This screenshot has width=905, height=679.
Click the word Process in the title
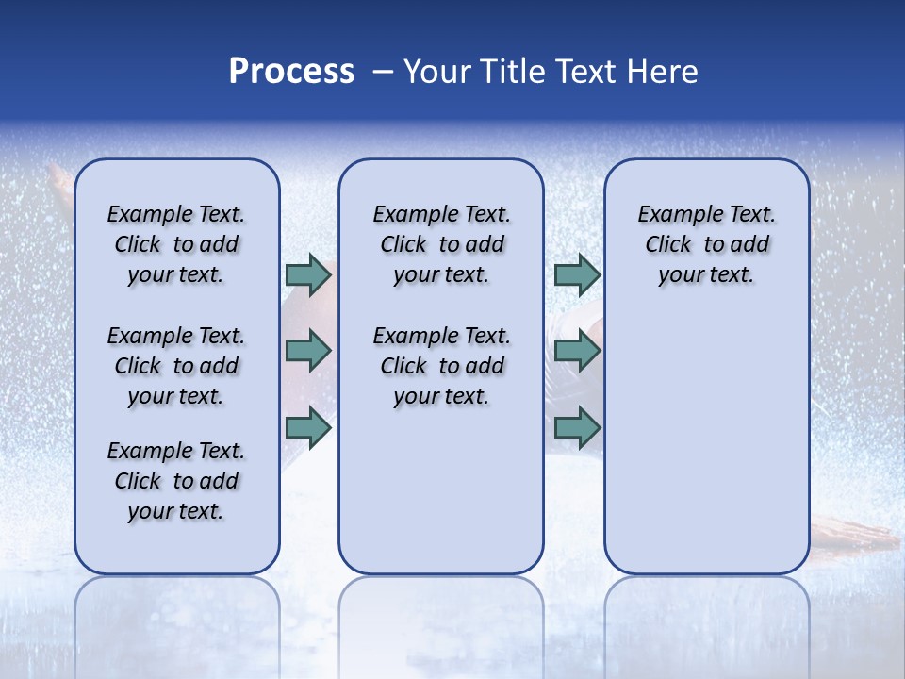tap(291, 72)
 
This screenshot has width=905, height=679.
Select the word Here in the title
tap(663, 72)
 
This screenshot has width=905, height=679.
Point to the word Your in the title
tap(437, 72)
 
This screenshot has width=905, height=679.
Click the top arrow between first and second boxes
tap(308, 275)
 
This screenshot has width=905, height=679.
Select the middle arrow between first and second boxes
tap(308, 351)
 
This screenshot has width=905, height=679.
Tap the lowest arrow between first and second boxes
tap(308, 428)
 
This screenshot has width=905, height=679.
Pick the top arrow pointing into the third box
tap(577, 275)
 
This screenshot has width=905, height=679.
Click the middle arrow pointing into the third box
tap(577, 351)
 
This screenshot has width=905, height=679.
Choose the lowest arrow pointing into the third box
tap(577, 428)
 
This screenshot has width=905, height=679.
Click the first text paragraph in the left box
tap(176, 244)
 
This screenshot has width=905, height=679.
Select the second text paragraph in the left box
tap(176, 366)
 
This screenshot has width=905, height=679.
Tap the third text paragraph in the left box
tap(176, 481)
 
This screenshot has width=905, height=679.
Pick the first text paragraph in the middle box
tap(441, 244)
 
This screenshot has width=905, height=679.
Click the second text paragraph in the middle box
tap(441, 366)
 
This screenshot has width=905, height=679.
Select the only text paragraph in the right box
tap(706, 244)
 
